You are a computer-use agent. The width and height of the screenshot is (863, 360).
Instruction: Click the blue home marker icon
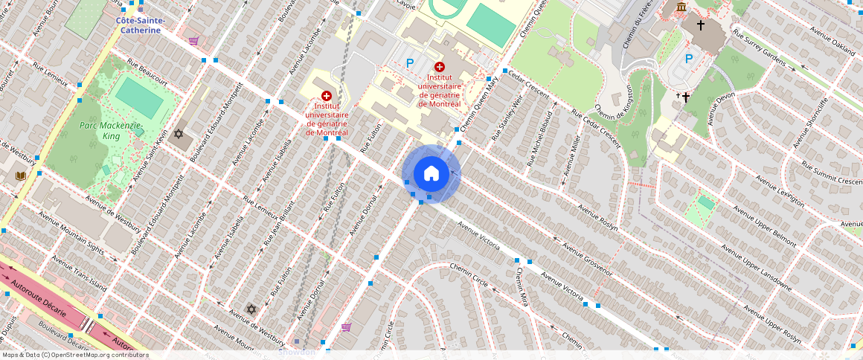point(431,173)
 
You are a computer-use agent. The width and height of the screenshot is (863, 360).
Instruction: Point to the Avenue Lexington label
point(780,192)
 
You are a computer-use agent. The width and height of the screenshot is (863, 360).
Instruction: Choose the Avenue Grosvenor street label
point(587,260)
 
